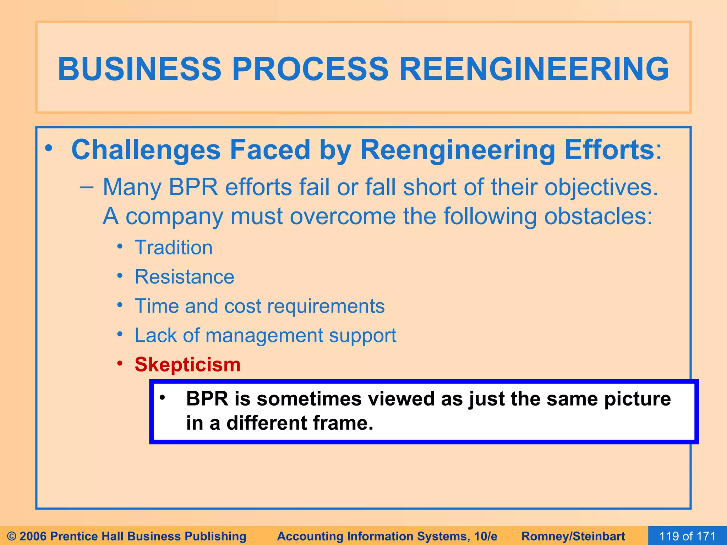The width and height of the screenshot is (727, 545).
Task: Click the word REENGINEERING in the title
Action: pyautogui.click(x=534, y=69)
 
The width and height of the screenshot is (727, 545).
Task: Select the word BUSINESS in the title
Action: pyautogui.click(x=140, y=69)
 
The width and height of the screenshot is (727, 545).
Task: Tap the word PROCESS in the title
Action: pyautogui.click(x=310, y=69)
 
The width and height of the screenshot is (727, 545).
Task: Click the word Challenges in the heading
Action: pyautogui.click(x=146, y=150)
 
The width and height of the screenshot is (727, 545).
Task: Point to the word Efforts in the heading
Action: pyautogui.click(x=609, y=150)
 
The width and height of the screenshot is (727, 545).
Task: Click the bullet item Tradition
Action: pyautogui.click(x=174, y=247)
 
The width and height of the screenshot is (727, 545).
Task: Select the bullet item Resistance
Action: pyautogui.click(x=184, y=277)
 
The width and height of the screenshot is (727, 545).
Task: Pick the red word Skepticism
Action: pyautogui.click(x=187, y=364)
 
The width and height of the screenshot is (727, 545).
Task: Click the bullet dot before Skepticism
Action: pyautogui.click(x=120, y=363)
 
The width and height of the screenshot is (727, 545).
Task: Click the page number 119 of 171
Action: pyautogui.click(x=687, y=536)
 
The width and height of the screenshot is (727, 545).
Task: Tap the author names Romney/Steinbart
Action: pyautogui.click(x=573, y=536)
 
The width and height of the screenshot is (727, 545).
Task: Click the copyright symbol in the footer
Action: pyautogui.click(x=12, y=536)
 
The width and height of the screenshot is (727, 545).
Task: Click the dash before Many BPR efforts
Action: pyautogui.click(x=87, y=187)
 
